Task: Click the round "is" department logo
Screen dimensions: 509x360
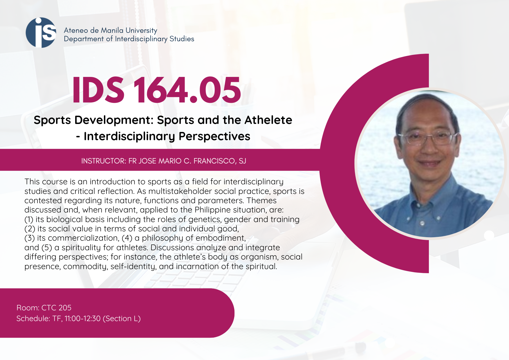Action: pos(41,33)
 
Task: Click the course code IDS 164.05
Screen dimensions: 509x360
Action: pos(156,90)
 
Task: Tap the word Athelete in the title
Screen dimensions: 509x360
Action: pos(268,120)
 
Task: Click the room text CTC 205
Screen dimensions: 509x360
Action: pos(56,308)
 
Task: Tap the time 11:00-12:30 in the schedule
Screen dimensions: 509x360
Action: pos(82,318)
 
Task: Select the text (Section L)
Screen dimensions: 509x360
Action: pos(122,318)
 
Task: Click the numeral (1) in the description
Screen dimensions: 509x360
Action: pos(29,219)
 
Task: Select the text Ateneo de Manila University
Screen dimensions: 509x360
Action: pos(111,30)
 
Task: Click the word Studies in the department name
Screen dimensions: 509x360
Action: pos(182,39)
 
